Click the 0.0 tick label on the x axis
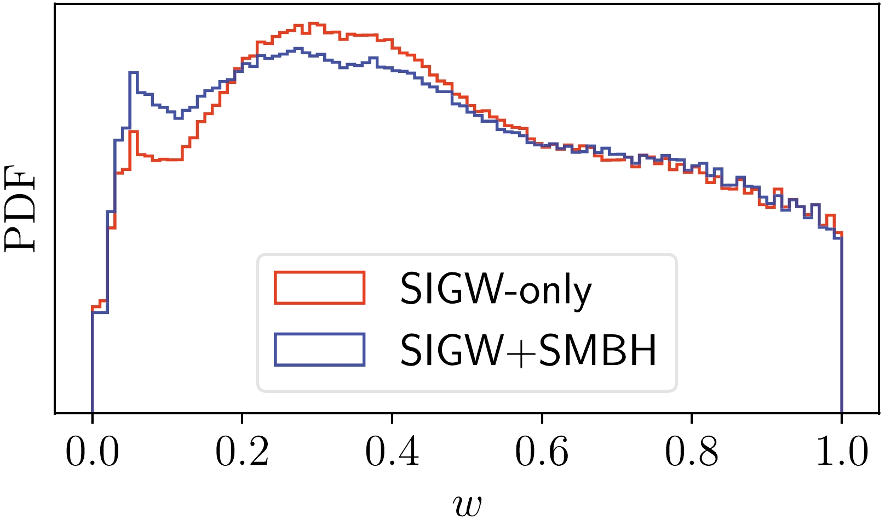(92, 452)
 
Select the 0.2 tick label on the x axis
(242, 452)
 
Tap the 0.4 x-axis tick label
(392, 452)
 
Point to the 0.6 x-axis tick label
(542, 452)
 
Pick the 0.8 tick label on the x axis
(692, 452)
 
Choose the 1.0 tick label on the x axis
(842, 452)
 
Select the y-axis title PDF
(20, 211)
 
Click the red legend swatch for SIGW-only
(319, 287)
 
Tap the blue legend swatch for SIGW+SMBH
(319, 349)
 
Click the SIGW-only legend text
(496, 289)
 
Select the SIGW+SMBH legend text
(528, 350)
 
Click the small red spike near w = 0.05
(134, 132)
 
